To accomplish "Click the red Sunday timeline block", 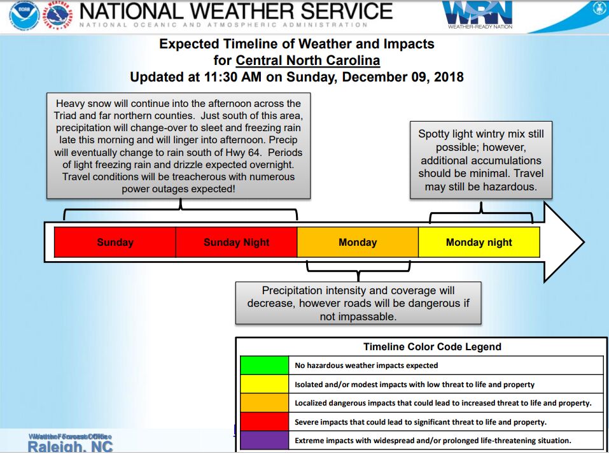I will (x=115, y=242).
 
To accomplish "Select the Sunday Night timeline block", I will (x=236, y=242).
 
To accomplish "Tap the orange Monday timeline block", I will (x=358, y=242).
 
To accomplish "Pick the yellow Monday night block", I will (x=479, y=242).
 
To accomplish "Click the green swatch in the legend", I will (x=264, y=365).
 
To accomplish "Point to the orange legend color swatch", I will (x=264, y=403).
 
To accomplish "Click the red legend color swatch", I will (x=264, y=422).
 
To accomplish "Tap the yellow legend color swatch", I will (x=264, y=384).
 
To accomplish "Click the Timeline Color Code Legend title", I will (x=432, y=347).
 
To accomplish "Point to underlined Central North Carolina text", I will (x=308, y=61).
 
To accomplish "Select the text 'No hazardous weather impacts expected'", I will (x=367, y=365).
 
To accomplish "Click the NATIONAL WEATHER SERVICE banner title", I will (x=236, y=11).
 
